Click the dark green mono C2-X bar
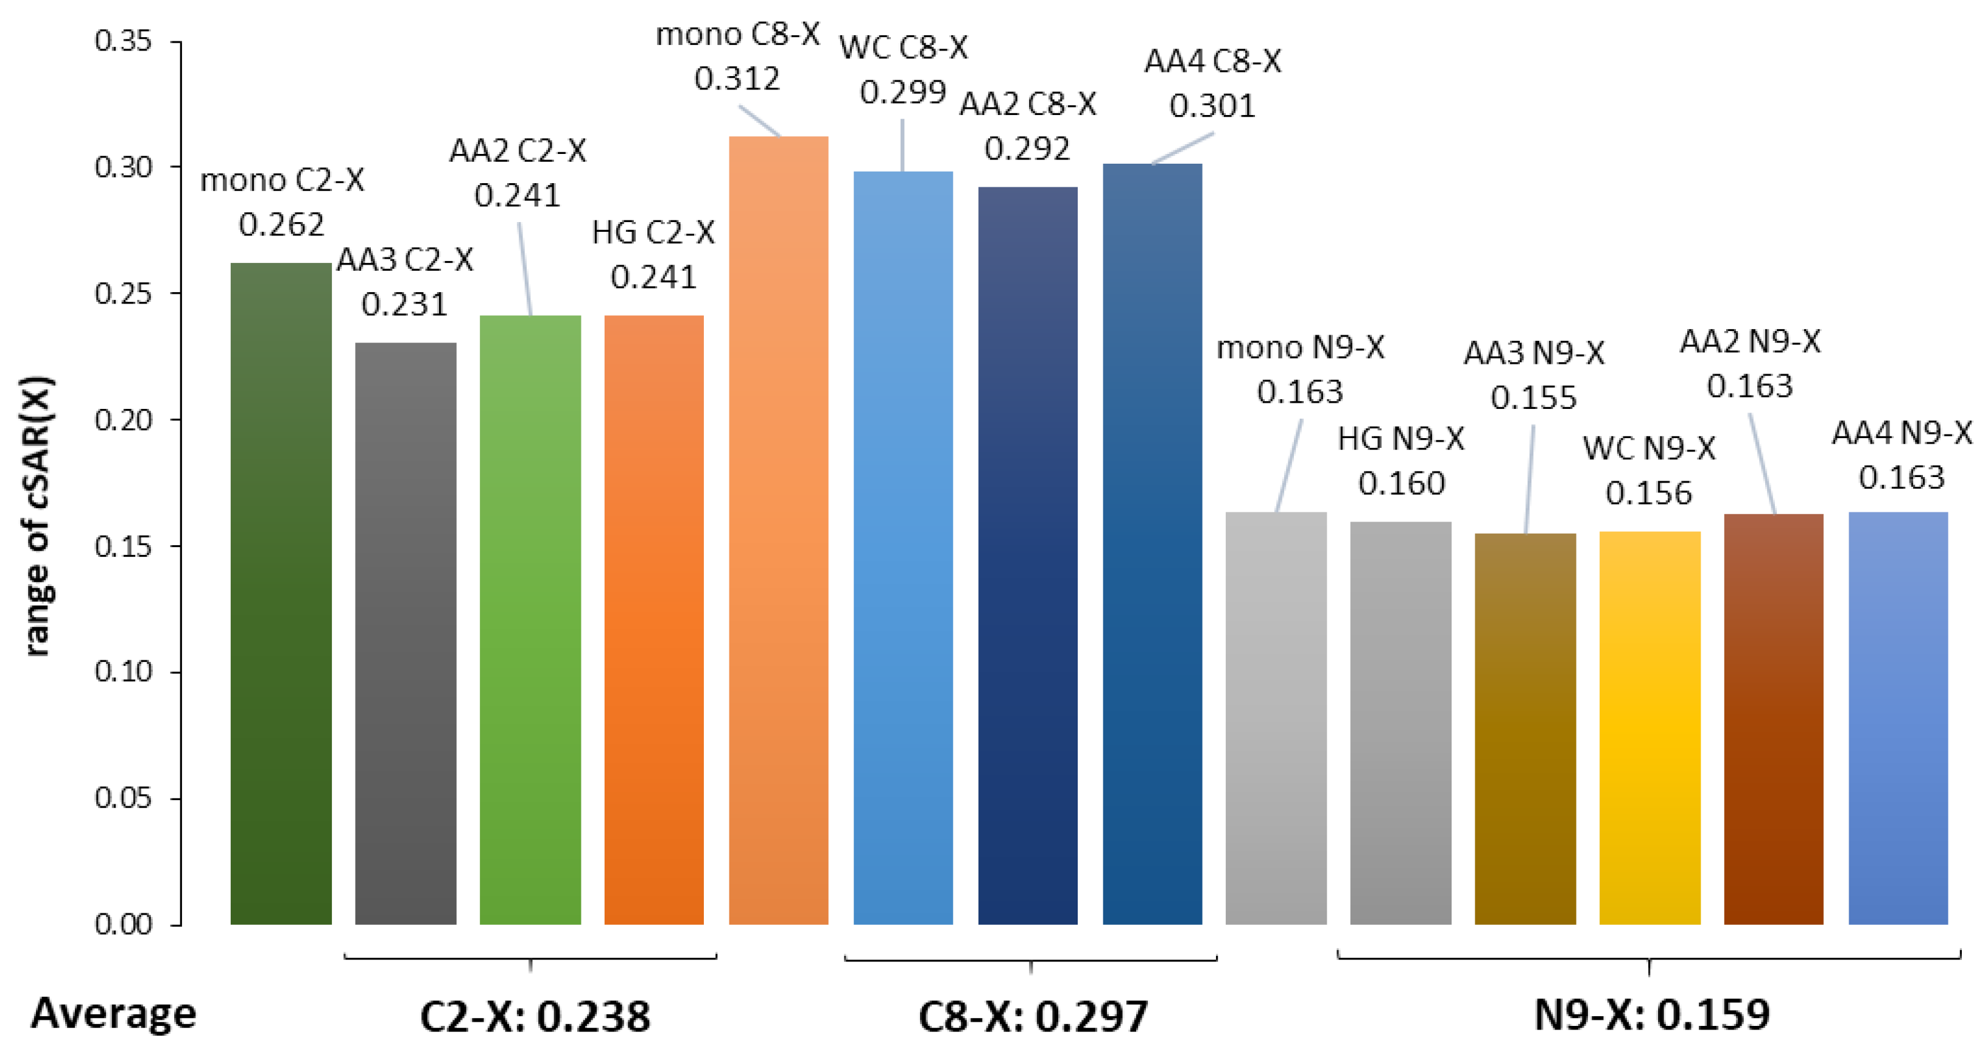[281, 593]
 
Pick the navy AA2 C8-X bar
[1027, 554]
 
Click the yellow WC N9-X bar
[1649, 727]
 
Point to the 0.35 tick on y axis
[122, 41]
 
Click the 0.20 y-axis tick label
[122, 420]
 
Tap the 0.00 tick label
[122, 924]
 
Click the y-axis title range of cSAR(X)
[37, 516]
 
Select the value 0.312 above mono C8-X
[737, 78]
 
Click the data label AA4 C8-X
[1212, 61]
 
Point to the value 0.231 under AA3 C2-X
[404, 304]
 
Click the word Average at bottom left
[113, 1013]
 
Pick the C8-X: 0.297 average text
[1033, 1016]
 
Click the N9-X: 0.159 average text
[1651, 1014]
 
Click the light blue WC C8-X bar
[902, 547]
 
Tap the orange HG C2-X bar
[653, 619]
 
